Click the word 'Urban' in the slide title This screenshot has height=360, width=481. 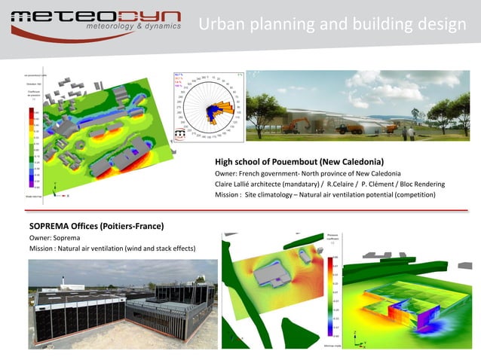click(x=219, y=26)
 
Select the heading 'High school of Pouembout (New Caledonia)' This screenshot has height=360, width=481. click(x=299, y=162)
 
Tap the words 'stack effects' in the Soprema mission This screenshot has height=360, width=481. click(x=170, y=249)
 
